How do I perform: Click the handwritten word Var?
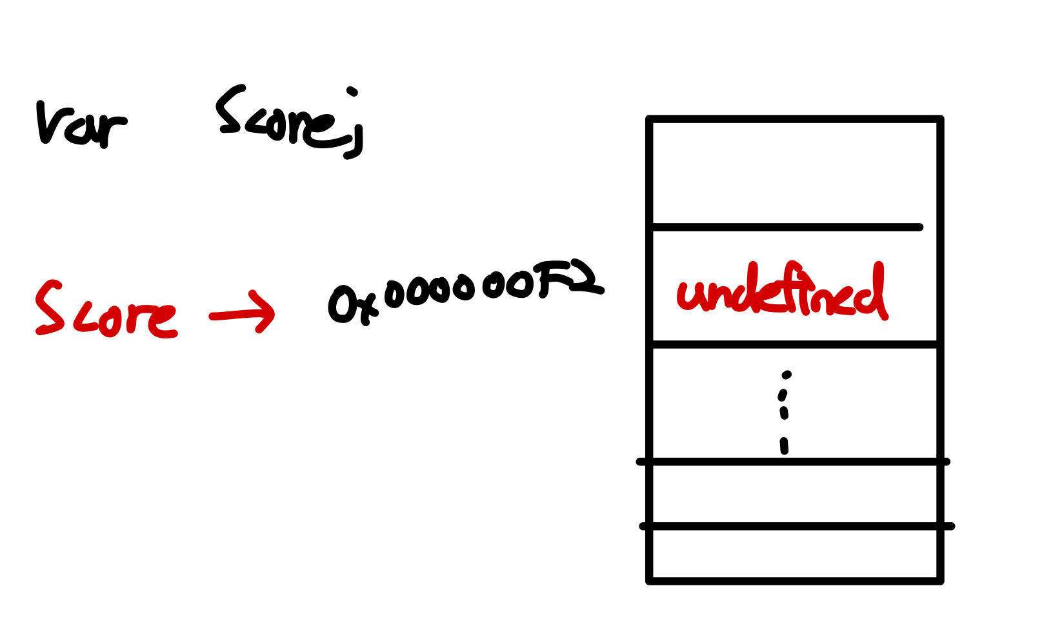pos(81,124)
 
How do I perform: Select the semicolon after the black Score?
pos(353,126)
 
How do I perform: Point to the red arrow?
pos(243,313)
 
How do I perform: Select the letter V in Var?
pos(48,122)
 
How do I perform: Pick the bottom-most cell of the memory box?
pos(794,553)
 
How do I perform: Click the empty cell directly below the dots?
pos(794,494)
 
